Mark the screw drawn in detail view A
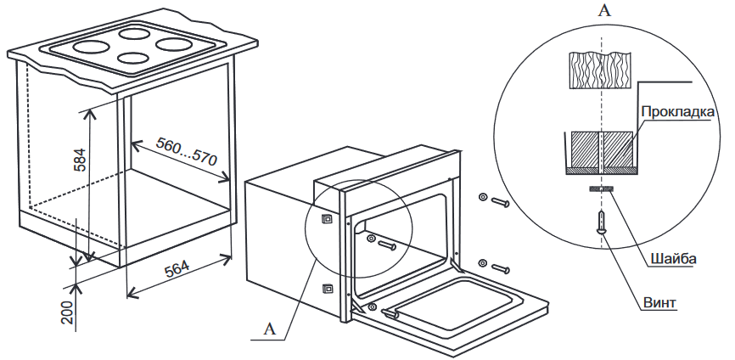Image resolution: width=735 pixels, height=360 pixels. point(603,222)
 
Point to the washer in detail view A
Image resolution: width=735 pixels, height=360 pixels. point(603,188)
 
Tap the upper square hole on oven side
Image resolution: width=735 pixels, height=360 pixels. point(326,218)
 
